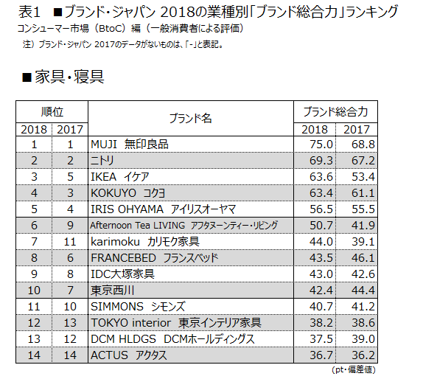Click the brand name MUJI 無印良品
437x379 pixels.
click(x=130, y=145)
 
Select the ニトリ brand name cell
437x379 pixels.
click(x=102, y=161)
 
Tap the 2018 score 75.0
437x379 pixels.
click(x=321, y=145)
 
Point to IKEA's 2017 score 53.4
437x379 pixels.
click(x=363, y=177)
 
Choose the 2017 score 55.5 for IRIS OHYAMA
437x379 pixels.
click(x=363, y=209)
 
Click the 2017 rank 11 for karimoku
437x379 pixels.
click(x=70, y=242)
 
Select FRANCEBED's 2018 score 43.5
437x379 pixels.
click(x=321, y=257)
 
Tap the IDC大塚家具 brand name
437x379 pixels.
click(x=122, y=274)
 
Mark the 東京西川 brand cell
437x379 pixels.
click(x=112, y=291)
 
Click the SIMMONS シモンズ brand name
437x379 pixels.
click(x=138, y=307)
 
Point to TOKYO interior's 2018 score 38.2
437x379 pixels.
click(x=321, y=323)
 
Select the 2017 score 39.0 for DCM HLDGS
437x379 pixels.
click(x=363, y=339)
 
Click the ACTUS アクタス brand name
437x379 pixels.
click(x=129, y=355)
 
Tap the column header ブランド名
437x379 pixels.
click(x=191, y=119)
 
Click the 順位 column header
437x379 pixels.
click(x=52, y=112)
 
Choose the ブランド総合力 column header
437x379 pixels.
click(x=335, y=112)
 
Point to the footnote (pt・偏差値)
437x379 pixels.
click(x=354, y=370)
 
